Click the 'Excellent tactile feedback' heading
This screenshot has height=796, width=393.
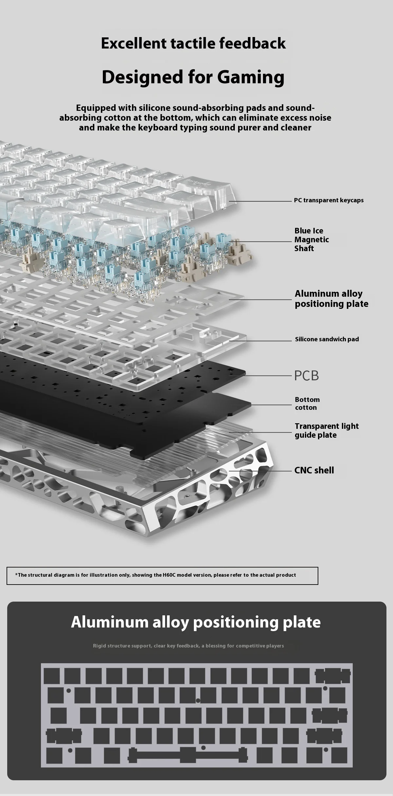[x=193, y=43]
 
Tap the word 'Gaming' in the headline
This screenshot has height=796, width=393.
[x=251, y=77]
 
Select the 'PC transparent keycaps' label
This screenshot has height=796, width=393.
[x=329, y=200]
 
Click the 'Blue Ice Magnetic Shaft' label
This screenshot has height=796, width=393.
[x=311, y=240]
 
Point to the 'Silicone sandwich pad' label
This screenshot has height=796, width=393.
[x=327, y=339]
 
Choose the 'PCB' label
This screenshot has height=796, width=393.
[x=307, y=376]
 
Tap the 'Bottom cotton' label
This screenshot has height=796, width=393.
[x=307, y=404]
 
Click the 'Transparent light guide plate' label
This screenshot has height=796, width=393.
[x=327, y=430]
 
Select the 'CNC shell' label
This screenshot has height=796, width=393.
[x=314, y=470]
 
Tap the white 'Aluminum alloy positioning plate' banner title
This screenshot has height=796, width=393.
[x=196, y=622]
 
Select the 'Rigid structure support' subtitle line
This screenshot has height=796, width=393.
[x=188, y=646]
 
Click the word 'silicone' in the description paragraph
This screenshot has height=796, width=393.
[x=153, y=108]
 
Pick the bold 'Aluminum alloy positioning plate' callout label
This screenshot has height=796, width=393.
[x=331, y=299]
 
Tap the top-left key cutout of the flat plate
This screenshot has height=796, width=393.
[x=52, y=676]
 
